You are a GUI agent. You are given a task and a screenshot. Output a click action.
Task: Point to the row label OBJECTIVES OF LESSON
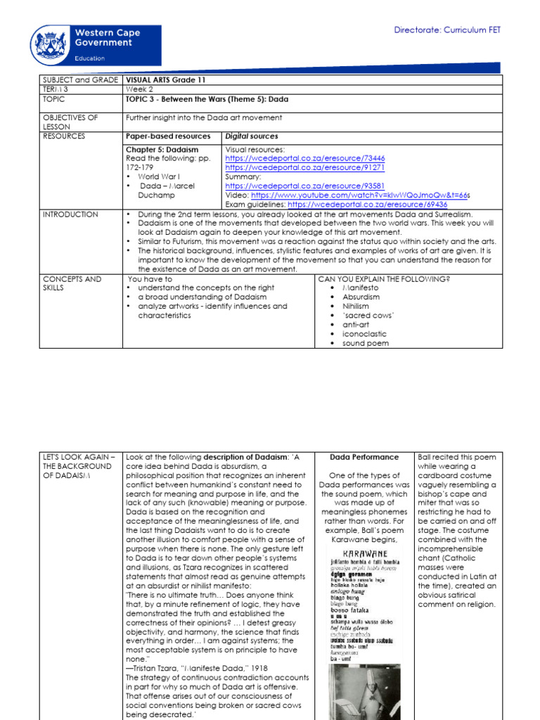click(70, 122)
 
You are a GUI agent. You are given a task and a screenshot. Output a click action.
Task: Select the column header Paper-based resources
click(167, 136)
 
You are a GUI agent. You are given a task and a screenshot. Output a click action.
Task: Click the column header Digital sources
click(251, 136)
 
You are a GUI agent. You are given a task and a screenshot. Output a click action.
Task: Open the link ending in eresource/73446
click(305, 159)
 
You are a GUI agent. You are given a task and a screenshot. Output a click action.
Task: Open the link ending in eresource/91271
click(305, 168)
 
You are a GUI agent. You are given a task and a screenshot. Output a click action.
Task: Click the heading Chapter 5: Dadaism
click(162, 150)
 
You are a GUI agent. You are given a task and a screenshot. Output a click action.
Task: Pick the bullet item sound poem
click(365, 343)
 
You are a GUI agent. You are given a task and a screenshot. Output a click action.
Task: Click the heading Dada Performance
click(364, 457)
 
